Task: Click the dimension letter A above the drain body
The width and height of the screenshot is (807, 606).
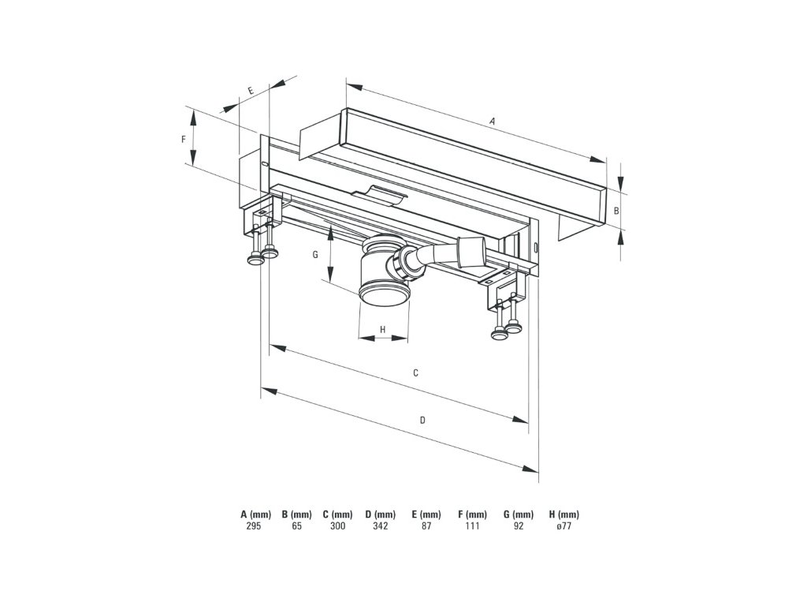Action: (492, 122)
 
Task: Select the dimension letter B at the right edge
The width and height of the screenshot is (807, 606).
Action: (616, 211)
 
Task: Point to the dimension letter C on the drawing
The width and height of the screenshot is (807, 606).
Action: (415, 372)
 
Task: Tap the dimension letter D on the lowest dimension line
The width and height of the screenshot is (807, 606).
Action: (422, 420)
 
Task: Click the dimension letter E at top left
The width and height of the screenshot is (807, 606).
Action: (251, 92)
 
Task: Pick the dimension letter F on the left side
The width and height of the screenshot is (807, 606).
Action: (183, 139)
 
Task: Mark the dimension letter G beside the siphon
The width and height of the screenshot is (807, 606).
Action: (314, 255)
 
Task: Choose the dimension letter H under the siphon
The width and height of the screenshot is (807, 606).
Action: (382, 329)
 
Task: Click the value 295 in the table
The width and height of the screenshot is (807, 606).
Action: (254, 526)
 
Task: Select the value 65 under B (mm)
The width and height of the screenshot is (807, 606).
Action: (296, 526)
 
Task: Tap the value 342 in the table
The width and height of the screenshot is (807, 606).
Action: (380, 526)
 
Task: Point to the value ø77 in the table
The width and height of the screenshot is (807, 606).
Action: (563, 526)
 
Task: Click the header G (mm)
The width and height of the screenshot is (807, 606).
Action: (519, 514)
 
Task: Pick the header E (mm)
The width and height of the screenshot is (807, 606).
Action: (426, 514)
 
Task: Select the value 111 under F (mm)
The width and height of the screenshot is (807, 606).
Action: (472, 526)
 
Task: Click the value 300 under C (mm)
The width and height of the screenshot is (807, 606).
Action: (337, 526)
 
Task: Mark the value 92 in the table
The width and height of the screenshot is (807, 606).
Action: (519, 526)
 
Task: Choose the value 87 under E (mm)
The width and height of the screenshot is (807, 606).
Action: (426, 526)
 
